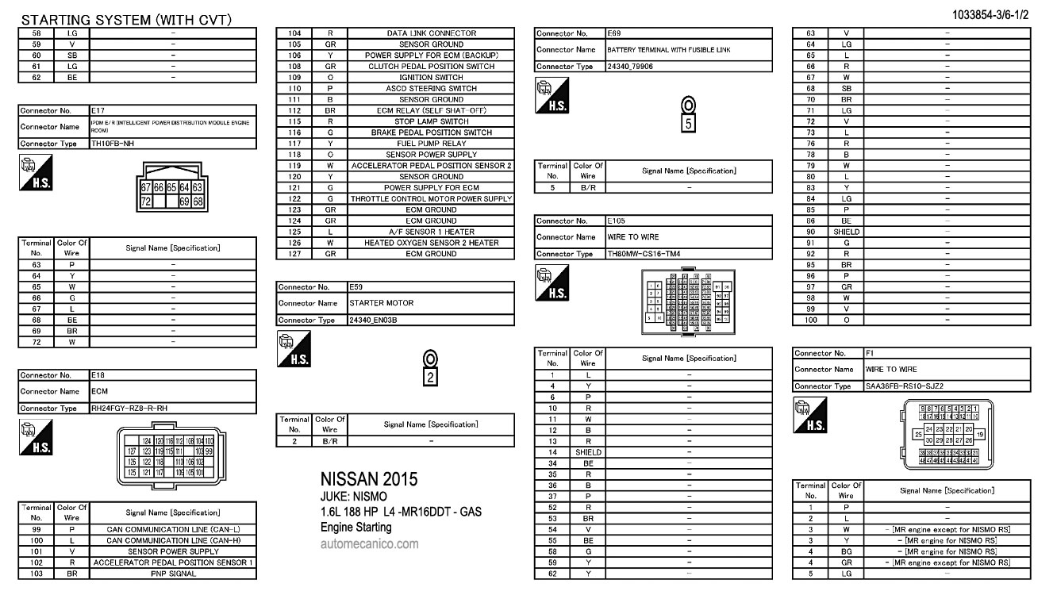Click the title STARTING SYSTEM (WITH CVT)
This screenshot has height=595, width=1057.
pos(126,20)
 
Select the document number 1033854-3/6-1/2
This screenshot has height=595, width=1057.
pos(1000,14)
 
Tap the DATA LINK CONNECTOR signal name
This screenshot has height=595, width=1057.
pos(431,33)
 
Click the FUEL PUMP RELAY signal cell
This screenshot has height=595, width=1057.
pos(431,144)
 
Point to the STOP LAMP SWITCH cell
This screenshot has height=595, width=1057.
pos(431,121)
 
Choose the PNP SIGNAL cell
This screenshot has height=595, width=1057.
pos(173,574)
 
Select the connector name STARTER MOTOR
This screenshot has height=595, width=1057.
pos(382,303)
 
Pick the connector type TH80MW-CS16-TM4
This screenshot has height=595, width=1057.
pos(644,254)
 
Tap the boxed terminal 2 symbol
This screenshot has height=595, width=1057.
pos(430,377)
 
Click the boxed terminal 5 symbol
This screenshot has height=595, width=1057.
pos(688,123)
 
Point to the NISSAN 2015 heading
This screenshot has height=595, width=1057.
pos(368,479)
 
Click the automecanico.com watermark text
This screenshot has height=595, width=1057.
pos(369,544)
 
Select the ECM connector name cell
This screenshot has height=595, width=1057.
pos(99,391)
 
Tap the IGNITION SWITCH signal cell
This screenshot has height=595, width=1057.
pos(431,78)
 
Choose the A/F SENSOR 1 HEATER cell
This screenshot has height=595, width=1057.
pos(431,232)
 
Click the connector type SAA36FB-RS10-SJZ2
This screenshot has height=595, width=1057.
pos(904,386)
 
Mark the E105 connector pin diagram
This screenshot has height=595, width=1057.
pos(688,302)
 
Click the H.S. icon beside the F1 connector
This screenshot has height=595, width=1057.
pos(809,415)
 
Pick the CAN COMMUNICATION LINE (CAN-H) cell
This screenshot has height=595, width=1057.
pos(173,540)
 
